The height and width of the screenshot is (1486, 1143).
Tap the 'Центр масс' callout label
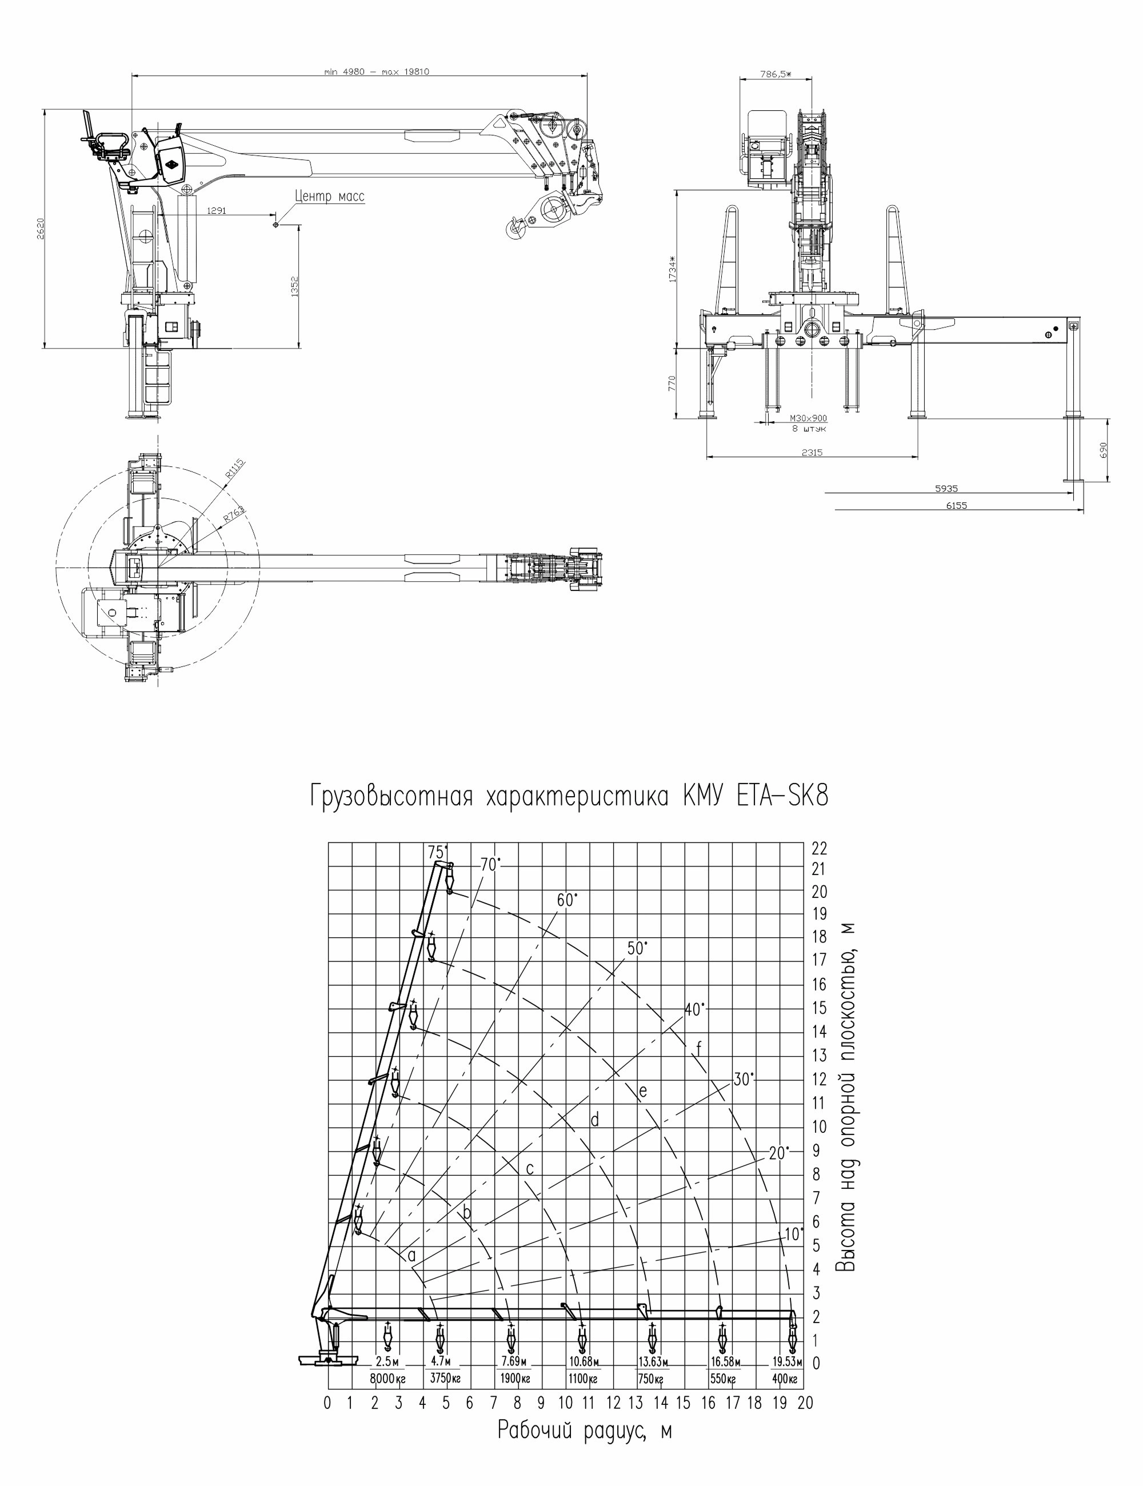[x=330, y=197]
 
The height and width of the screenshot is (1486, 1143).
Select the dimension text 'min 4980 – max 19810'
[x=377, y=71]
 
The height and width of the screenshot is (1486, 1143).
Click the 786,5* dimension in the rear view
[x=776, y=74]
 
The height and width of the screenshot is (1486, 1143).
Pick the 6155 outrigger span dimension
[x=956, y=505]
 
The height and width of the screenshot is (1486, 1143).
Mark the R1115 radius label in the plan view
[x=235, y=470]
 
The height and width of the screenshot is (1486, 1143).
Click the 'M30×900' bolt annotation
[x=808, y=418]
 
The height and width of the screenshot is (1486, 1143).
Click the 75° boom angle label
[x=437, y=852]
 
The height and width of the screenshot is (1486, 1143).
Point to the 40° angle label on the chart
[x=694, y=1010]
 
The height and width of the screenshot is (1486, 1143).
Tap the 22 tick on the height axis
[x=819, y=849]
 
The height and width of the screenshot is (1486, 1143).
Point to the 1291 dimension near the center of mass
[x=217, y=211]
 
